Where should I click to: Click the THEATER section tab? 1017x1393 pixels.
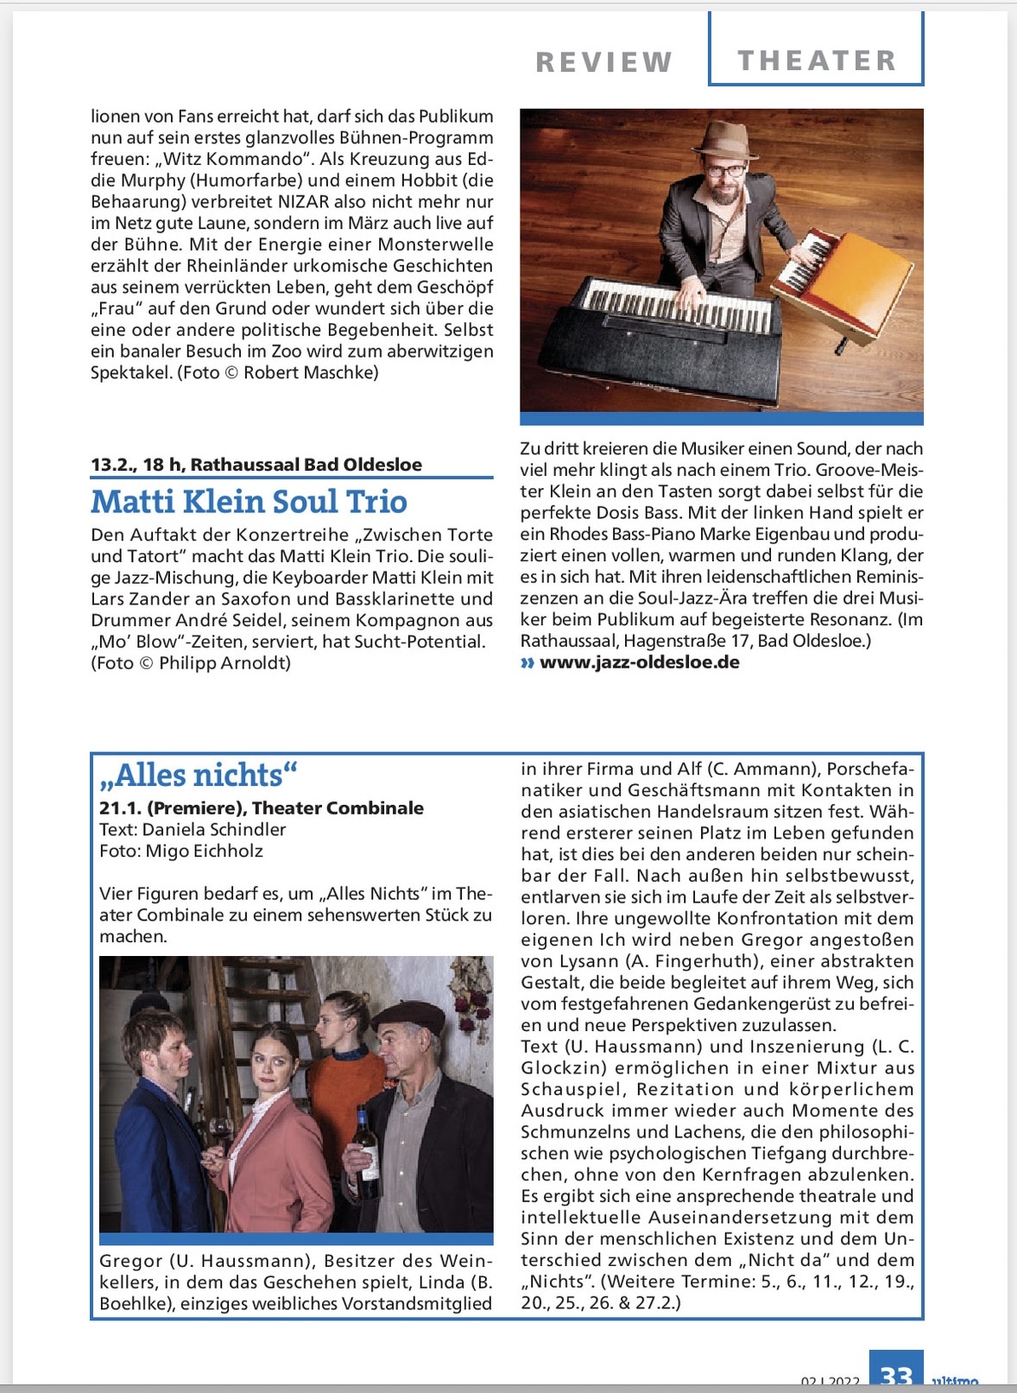816,60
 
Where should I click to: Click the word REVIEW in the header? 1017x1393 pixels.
603,62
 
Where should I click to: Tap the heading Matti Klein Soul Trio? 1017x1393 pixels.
249,502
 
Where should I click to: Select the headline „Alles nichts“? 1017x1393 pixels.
198,775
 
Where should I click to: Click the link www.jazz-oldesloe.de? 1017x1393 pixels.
639,662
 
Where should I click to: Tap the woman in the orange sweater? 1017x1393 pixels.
345,1080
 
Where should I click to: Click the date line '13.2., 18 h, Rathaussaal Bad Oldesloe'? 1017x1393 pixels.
256,465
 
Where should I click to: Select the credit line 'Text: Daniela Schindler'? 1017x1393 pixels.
193,829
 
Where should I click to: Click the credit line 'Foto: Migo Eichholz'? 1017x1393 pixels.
181,851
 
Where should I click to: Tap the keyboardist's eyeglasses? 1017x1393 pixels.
723,170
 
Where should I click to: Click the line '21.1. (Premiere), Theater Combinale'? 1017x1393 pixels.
262,807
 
